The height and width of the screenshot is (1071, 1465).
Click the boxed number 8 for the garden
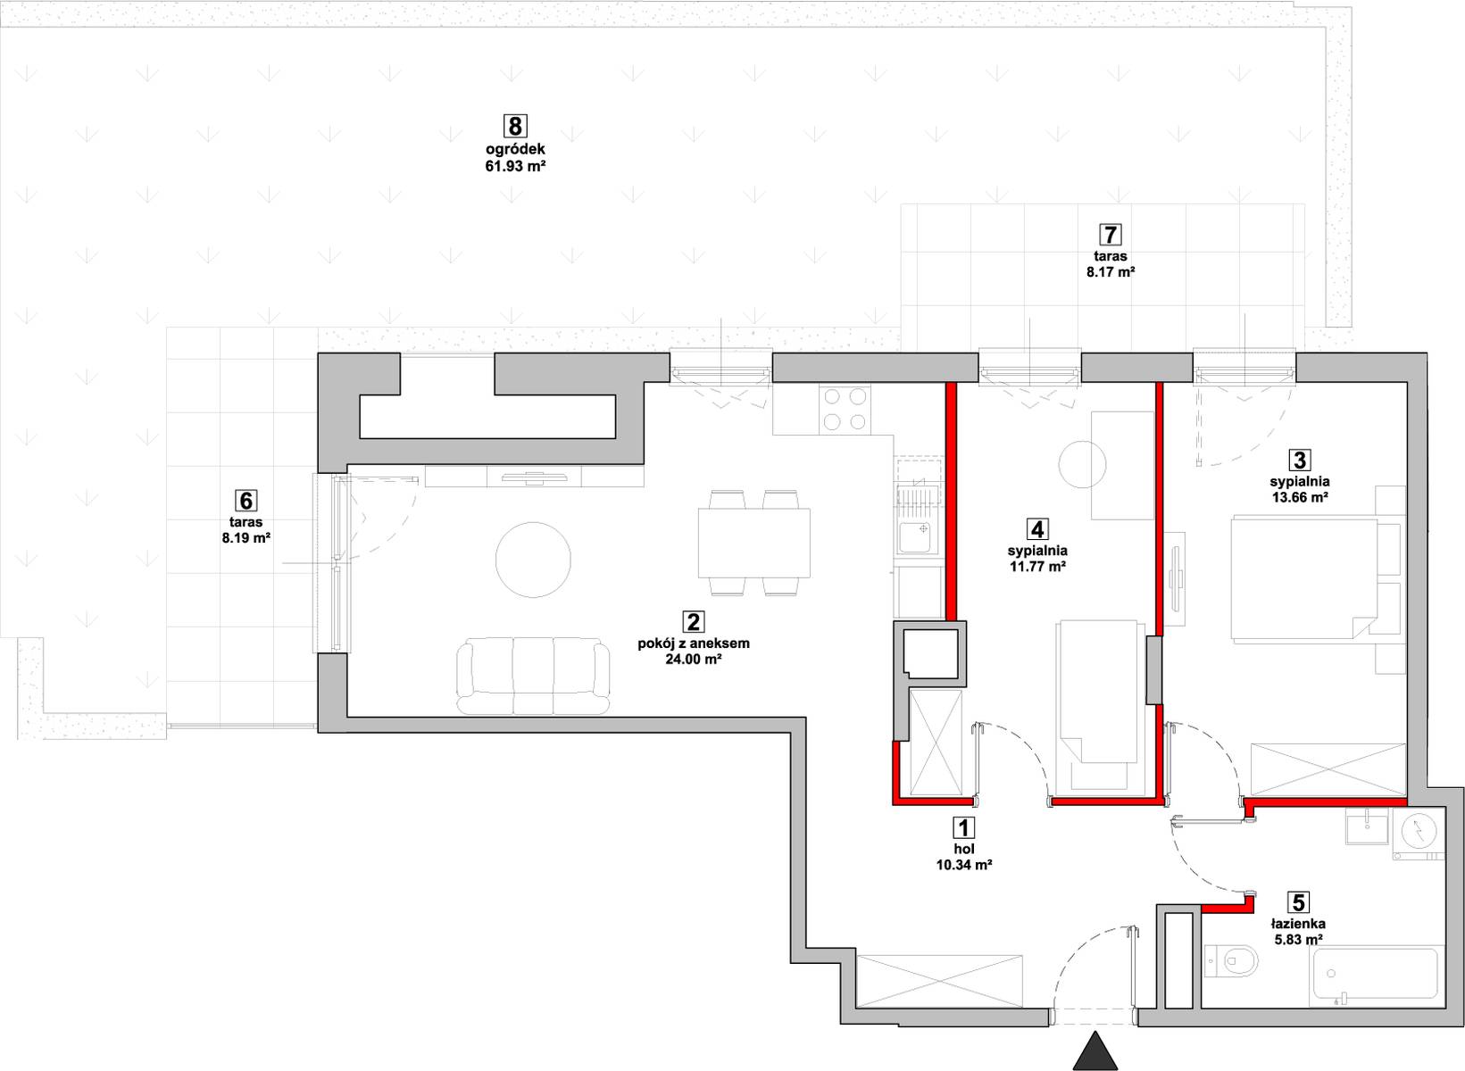[515, 126]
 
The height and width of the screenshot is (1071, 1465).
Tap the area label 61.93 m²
[515, 166]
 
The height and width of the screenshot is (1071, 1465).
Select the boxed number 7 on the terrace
[1111, 234]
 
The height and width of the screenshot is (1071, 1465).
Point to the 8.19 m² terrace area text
[246, 539]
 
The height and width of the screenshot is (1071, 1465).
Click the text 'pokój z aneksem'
[694, 643]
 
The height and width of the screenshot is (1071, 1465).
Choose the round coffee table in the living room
[533, 560]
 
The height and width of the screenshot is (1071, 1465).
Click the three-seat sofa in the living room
[533, 677]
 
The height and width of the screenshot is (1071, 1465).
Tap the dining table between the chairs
[754, 544]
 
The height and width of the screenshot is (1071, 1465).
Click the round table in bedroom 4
[1082, 464]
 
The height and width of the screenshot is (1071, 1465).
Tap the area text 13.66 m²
[1300, 497]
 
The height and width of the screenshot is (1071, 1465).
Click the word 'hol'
[964, 849]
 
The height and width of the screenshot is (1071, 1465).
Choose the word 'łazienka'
[1299, 924]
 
